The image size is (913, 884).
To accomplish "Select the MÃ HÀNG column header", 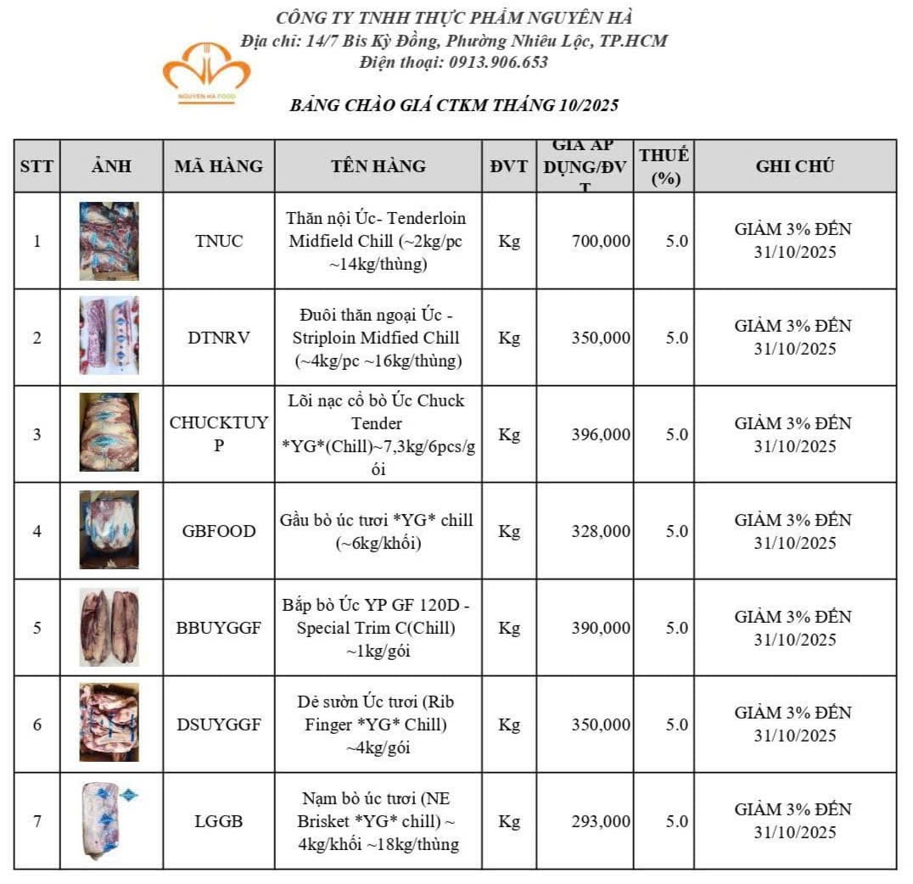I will click(219, 166).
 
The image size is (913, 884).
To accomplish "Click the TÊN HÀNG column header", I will click(378, 166).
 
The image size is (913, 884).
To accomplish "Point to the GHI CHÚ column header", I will click(795, 166).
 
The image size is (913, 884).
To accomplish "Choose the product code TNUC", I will click(219, 241).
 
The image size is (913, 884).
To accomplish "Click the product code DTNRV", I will click(219, 338).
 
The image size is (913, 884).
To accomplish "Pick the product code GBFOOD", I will click(219, 532).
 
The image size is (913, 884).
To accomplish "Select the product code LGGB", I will click(219, 821).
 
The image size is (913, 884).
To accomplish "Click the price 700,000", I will click(601, 241).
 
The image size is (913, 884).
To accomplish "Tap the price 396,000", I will click(601, 435).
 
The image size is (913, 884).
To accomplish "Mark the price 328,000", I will click(601, 532).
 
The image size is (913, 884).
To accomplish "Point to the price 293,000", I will click(601, 821).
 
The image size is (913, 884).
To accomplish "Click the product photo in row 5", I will click(109, 628).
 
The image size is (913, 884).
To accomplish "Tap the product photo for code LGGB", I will click(107, 821).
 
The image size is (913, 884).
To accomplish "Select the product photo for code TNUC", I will click(109, 241).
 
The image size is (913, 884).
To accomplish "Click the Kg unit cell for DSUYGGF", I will click(509, 725).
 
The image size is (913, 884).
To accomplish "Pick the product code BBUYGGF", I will click(219, 629).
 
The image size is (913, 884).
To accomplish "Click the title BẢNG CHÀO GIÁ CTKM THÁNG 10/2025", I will click(454, 106).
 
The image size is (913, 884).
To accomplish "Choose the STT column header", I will click(36, 166).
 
